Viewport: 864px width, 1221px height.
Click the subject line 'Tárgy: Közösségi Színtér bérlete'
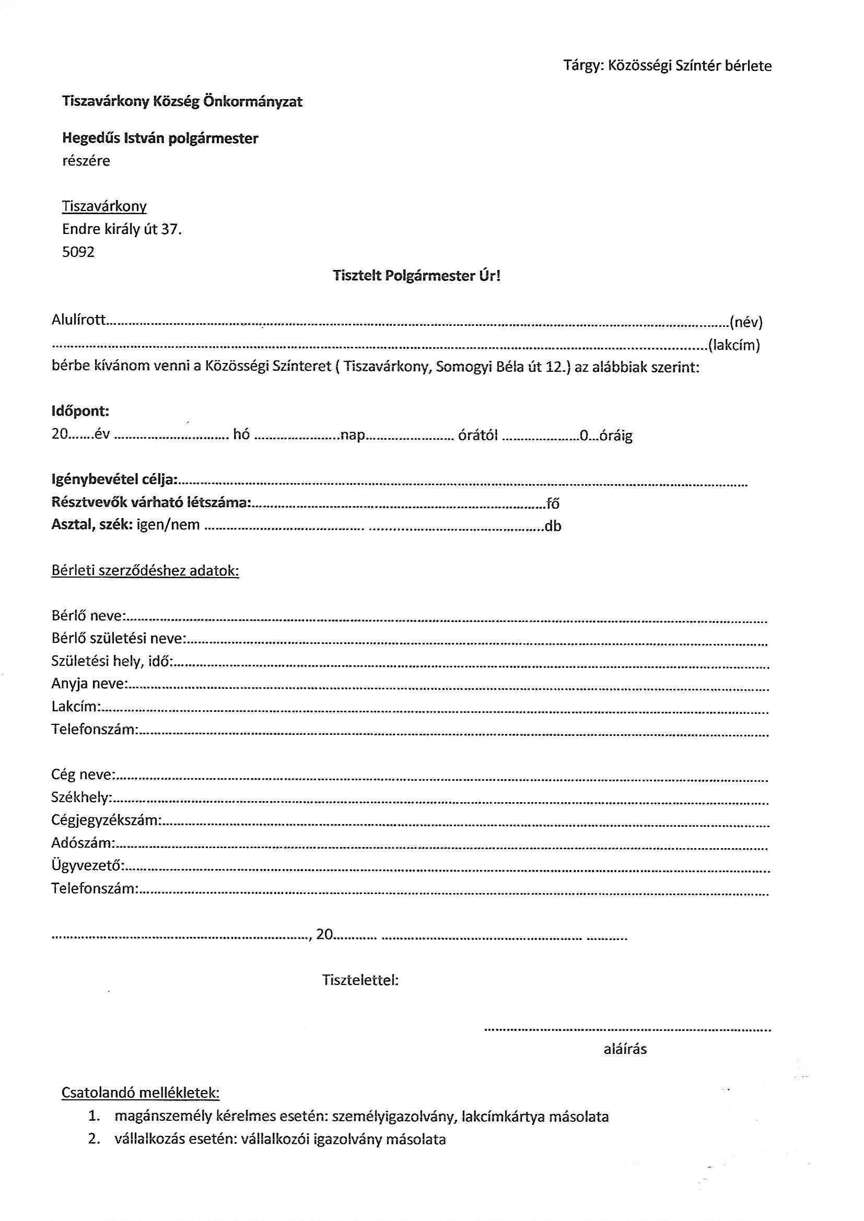tap(667, 65)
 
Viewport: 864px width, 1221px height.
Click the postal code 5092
tap(78, 252)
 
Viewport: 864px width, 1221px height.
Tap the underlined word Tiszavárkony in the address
tap(104, 206)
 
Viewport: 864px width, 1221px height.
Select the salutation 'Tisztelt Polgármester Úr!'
tap(416, 275)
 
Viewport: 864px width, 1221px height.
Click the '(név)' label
tap(746, 322)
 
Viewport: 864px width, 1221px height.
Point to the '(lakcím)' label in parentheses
tap(733, 345)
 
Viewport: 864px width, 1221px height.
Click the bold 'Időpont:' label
tap(80, 411)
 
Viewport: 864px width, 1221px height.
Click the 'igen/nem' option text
tap(168, 525)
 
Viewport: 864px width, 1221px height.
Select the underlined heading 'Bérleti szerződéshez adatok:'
tap(145, 571)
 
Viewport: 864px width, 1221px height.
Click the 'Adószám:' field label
tap(83, 842)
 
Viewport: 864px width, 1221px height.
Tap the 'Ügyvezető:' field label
tap(88, 865)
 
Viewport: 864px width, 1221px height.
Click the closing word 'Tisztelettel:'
tap(360, 980)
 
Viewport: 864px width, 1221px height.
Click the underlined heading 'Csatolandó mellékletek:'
tap(141, 1093)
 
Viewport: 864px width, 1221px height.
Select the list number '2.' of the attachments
tap(95, 1139)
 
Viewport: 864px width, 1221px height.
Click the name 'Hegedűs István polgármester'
tap(160, 138)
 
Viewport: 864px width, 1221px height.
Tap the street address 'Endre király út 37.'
tap(122, 229)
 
